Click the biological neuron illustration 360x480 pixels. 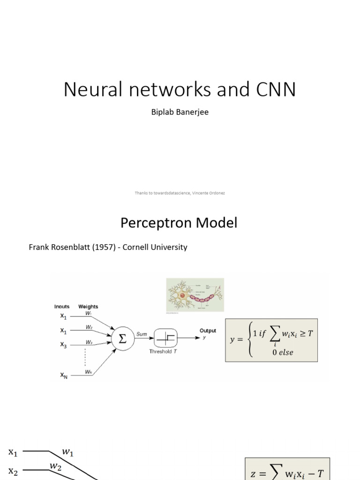(195, 294)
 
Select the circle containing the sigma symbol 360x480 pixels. (122, 339)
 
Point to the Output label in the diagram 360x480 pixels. (208, 330)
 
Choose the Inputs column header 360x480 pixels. (62, 307)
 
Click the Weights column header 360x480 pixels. (88, 307)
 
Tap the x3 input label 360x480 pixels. (63, 345)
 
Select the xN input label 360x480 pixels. (63, 375)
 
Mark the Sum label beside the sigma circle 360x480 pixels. (142, 334)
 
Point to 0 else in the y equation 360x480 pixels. (283, 352)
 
